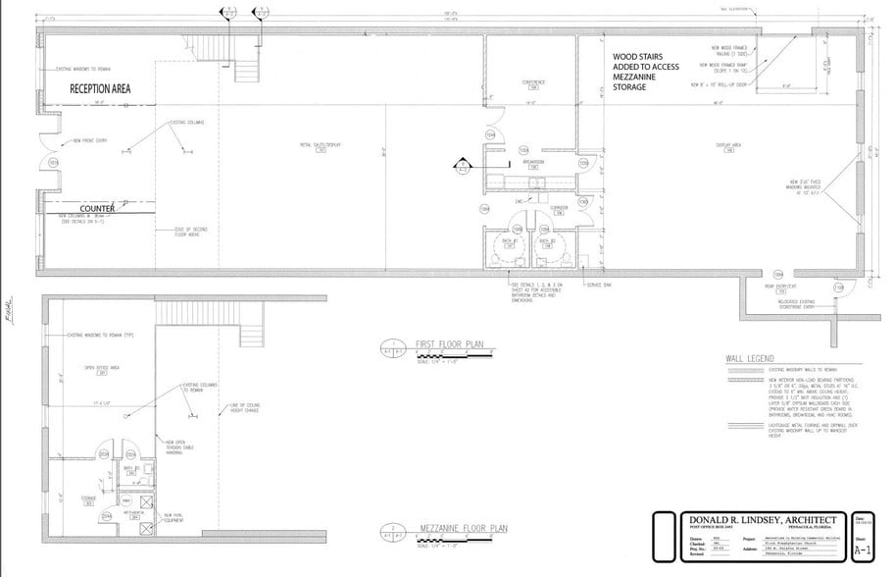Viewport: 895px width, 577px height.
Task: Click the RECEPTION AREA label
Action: click(x=100, y=88)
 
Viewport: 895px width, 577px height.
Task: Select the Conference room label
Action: click(x=533, y=82)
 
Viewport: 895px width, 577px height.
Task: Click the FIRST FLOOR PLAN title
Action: click(x=448, y=345)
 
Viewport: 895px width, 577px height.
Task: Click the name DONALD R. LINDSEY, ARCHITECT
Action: click(x=754, y=520)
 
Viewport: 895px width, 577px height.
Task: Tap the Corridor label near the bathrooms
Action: click(x=557, y=208)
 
